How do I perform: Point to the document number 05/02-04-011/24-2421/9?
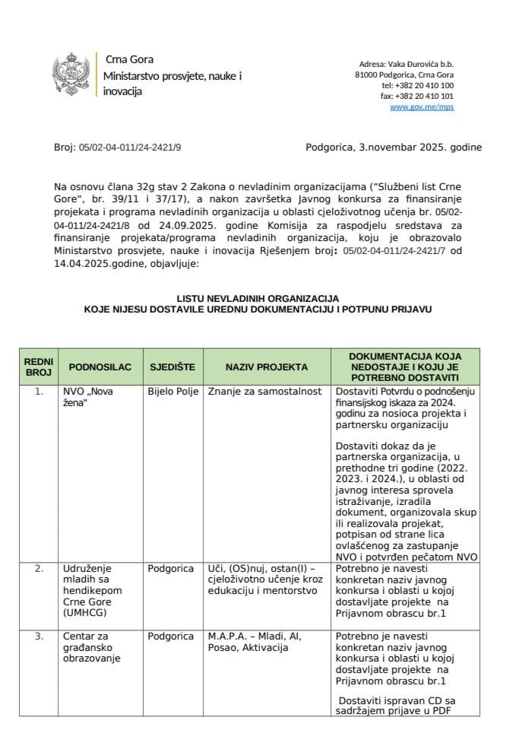point(130,148)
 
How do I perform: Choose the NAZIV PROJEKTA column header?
point(266,367)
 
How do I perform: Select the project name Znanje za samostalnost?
point(255,391)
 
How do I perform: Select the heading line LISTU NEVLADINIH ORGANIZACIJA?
point(258,298)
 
